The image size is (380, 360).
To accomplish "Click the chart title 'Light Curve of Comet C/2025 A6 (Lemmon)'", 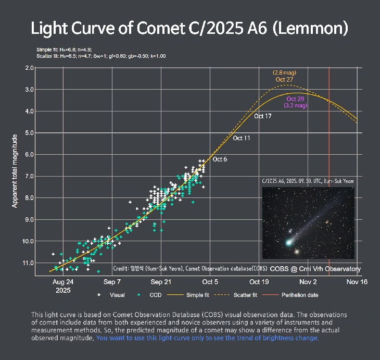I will [x=189, y=29].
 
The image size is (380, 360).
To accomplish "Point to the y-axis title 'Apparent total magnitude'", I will [x=15, y=171].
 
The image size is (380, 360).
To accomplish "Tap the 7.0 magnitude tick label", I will [x=29, y=176].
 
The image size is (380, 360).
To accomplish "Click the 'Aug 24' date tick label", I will [x=63, y=282].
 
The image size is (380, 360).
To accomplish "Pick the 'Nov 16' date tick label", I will [x=357, y=282].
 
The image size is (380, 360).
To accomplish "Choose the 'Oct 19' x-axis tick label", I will [x=259, y=282].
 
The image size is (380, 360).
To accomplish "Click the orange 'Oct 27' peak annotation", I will [x=284, y=80].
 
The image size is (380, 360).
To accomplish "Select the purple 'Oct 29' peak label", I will [x=295, y=99].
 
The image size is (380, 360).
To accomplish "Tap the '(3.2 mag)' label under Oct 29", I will [x=295, y=105].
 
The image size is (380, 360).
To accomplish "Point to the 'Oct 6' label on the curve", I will [x=220, y=159].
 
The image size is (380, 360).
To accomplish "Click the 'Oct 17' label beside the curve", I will [x=263, y=116].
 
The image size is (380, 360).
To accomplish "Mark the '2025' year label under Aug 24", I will [x=63, y=290].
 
